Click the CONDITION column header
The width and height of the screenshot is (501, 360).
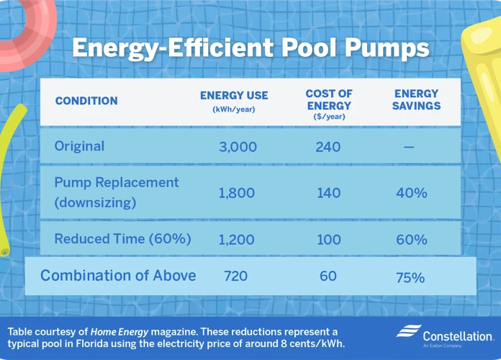pyautogui.click(x=86, y=101)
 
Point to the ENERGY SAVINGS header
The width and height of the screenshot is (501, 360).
pyautogui.click(x=416, y=99)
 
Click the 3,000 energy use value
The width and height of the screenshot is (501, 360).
pyautogui.click(x=238, y=147)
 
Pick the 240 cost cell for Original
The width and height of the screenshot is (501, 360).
pyautogui.click(x=328, y=147)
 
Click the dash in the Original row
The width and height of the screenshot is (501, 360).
pyautogui.click(x=409, y=147)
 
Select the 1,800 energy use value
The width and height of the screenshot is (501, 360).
pyautogui.click(x=237, y=193)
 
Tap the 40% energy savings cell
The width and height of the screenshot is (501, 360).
pyautogui.click(x=412, y=193)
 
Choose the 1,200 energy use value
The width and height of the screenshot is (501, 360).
pyautogui.click(x=236, y=240)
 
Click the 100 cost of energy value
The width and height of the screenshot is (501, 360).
pyautogui.click(x=329, y=240)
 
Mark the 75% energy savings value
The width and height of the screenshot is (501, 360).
pyautogui.click(x=410, y=277)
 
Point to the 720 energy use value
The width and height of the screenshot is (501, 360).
pyautogui.click(x=236, y=276)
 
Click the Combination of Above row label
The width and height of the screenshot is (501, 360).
pyautogui.click(x=118, y=275)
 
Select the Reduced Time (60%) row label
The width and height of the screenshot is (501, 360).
pyautogui.click(x=122, y=239)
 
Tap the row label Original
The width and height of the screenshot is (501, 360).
pyautogui.click(x=79, y=146)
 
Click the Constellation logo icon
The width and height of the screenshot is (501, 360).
pyautogui.click(x=409, y=331)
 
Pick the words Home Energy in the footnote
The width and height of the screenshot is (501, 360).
pyautogui.click(x=119, y=332)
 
